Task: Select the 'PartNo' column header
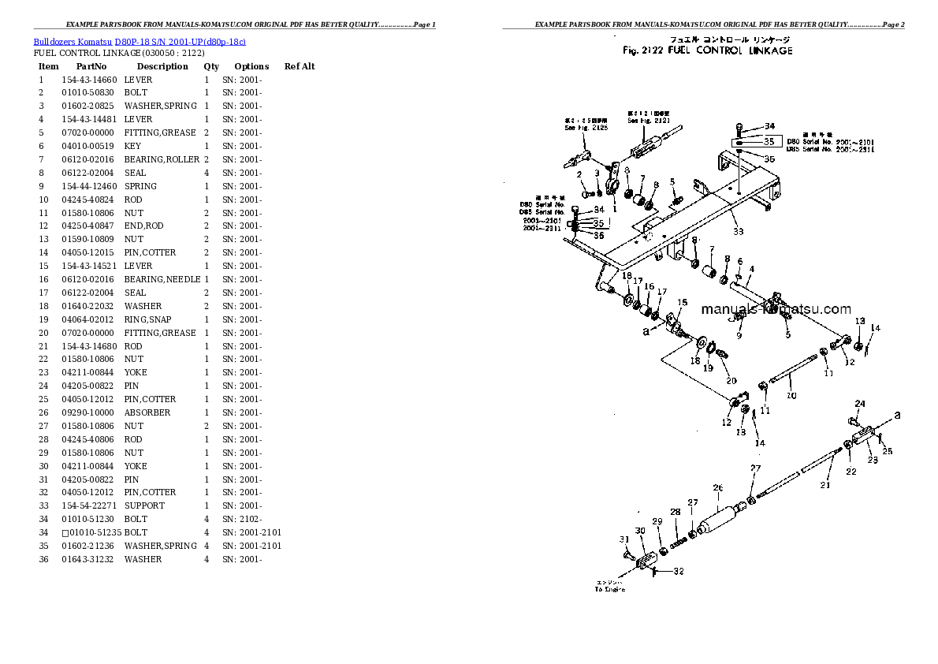(91, 67)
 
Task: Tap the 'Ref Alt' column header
(300, 67)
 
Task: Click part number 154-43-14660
(89, 80)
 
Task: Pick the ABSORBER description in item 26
(147, 412)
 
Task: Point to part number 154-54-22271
(89, 505)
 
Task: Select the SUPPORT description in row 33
(144, 505)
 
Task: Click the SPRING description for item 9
(140, 186)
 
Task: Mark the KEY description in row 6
(132, 146)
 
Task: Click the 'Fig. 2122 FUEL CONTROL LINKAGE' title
(707, 51)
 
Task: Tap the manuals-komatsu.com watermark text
(776, 309)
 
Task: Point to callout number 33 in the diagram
(738, 231)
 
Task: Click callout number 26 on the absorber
(717, 488)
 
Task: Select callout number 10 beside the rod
(791, 396)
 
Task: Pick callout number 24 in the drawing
(860, 404)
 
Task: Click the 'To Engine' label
(610, 588)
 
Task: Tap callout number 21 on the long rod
(824, 486)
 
